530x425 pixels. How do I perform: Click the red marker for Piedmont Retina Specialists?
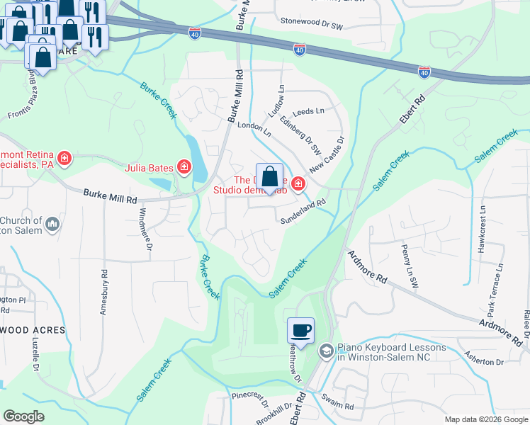[64, 157]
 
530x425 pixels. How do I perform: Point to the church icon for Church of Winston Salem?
[52, 225]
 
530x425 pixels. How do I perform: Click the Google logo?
[23, 416]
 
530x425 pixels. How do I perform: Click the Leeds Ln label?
[308, 111]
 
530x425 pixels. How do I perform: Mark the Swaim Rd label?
[339, 406]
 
